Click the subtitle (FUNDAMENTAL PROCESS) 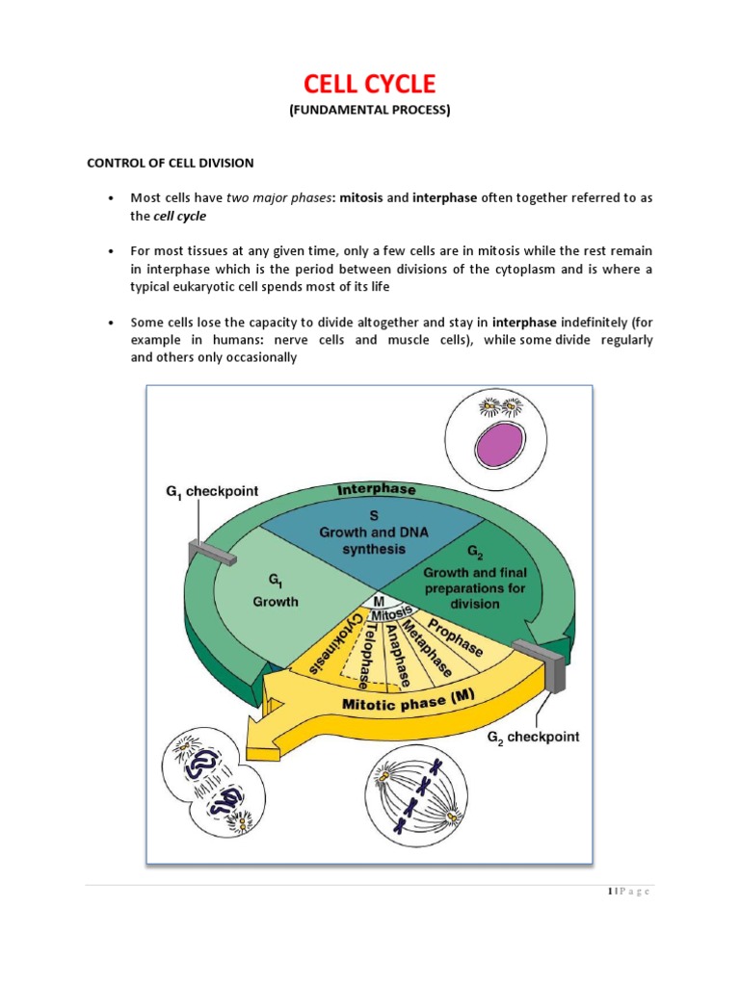370,110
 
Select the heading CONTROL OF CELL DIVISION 172,163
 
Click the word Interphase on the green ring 376,490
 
